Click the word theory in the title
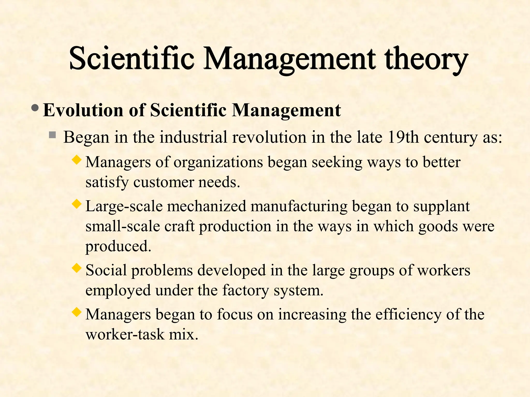click(426, 59)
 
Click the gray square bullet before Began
click(53, 135)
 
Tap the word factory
click(246, 291)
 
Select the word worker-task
click(125, 334)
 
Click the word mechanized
click(207, 207)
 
